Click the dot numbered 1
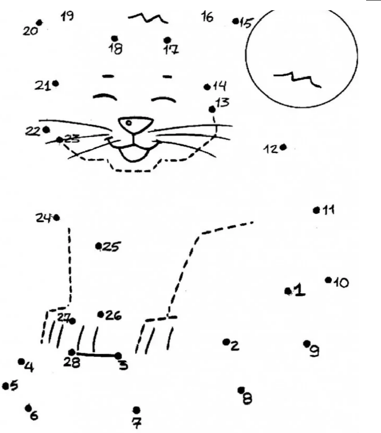[288, 291]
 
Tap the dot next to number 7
[136, 410]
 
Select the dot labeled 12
[283, 147]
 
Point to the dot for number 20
[39, 22]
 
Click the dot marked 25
[99, 246]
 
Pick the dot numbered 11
[316, 210]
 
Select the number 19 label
[67, 17]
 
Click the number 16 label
[207, 17]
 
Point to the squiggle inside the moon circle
[297, 79]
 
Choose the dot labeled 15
[236, 21]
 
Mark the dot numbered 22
[46, 129]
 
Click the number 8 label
[247, 398]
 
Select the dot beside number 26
[101, 315]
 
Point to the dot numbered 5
[6, 385]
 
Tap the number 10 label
[341, 282]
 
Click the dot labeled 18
[115, 38]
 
